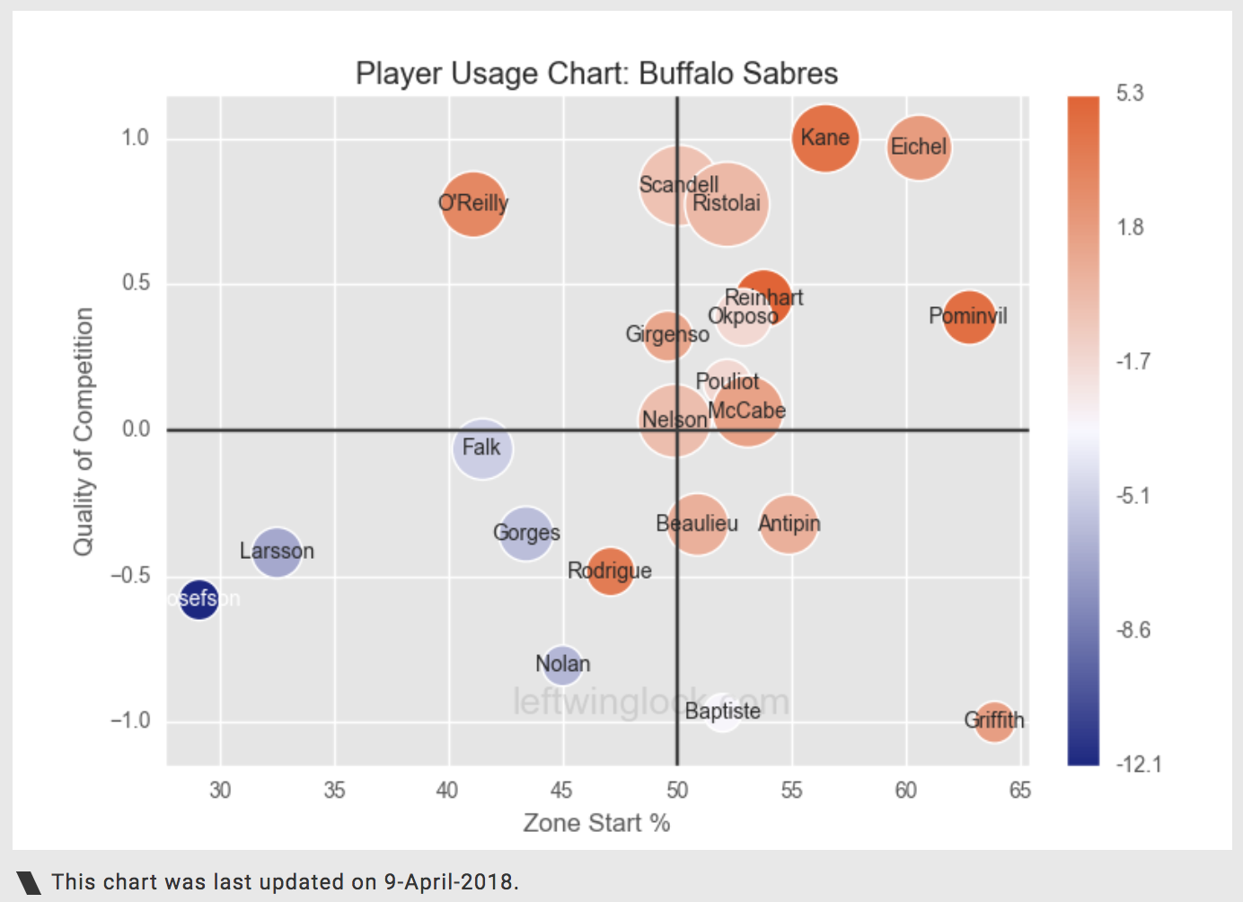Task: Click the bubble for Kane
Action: click(x=825, y=137)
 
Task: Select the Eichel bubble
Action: click(x=919, y=147)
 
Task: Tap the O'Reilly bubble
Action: click(x=472, y=203)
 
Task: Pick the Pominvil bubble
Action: click(x=969, y=317)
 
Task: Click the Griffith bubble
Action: click(x=994, y=721)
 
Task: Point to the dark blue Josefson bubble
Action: click(x=198, y=598)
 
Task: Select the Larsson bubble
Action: click(x=277, y=552)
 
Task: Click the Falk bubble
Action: click(x=482, y=447)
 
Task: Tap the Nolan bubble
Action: click(x=562, y=665)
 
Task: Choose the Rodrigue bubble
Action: click(x=610, y=571)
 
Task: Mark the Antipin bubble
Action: click(x=789, y=524)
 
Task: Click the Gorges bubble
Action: click(x=526, y=533)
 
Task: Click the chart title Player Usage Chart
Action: click(x=596, y=74)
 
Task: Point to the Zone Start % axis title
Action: click(x=596, y=823)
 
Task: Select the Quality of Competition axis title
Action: click(x=84, y=431)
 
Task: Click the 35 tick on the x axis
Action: click(x=334, y=791)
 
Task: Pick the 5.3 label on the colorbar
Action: click(x=1130, y=93)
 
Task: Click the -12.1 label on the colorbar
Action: click(x=1138, y=765)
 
